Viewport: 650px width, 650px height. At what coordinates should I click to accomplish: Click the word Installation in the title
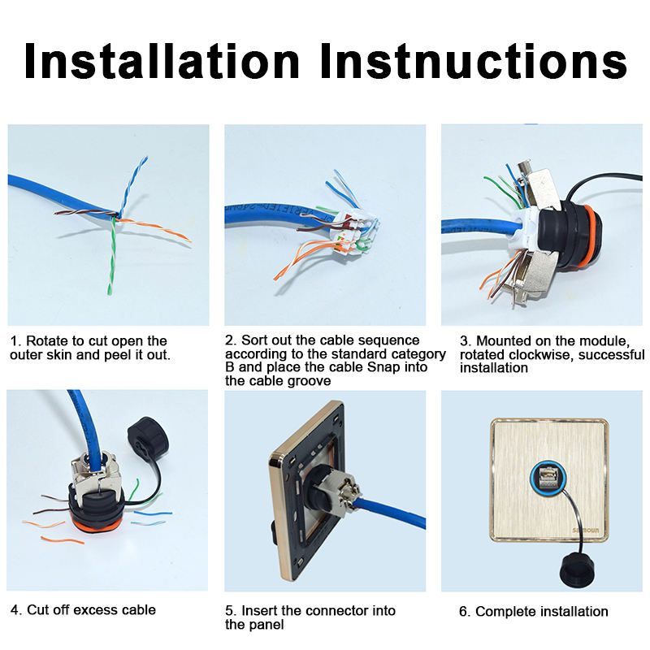tap(162, 61)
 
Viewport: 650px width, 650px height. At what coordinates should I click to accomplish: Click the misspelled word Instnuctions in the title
tap(474, 61)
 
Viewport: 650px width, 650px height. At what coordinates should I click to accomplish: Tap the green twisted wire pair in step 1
tap(112, 256)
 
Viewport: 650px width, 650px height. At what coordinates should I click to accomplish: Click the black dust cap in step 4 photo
tap(148, 440)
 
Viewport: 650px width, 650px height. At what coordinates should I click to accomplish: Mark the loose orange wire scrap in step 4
tap(63, 540)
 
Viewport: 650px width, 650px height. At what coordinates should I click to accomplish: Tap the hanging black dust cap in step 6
tap(578, 569)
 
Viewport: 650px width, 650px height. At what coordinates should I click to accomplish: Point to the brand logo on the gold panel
tap(585, 531)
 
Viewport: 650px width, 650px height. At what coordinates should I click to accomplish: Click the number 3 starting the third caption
tap(464, 341)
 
